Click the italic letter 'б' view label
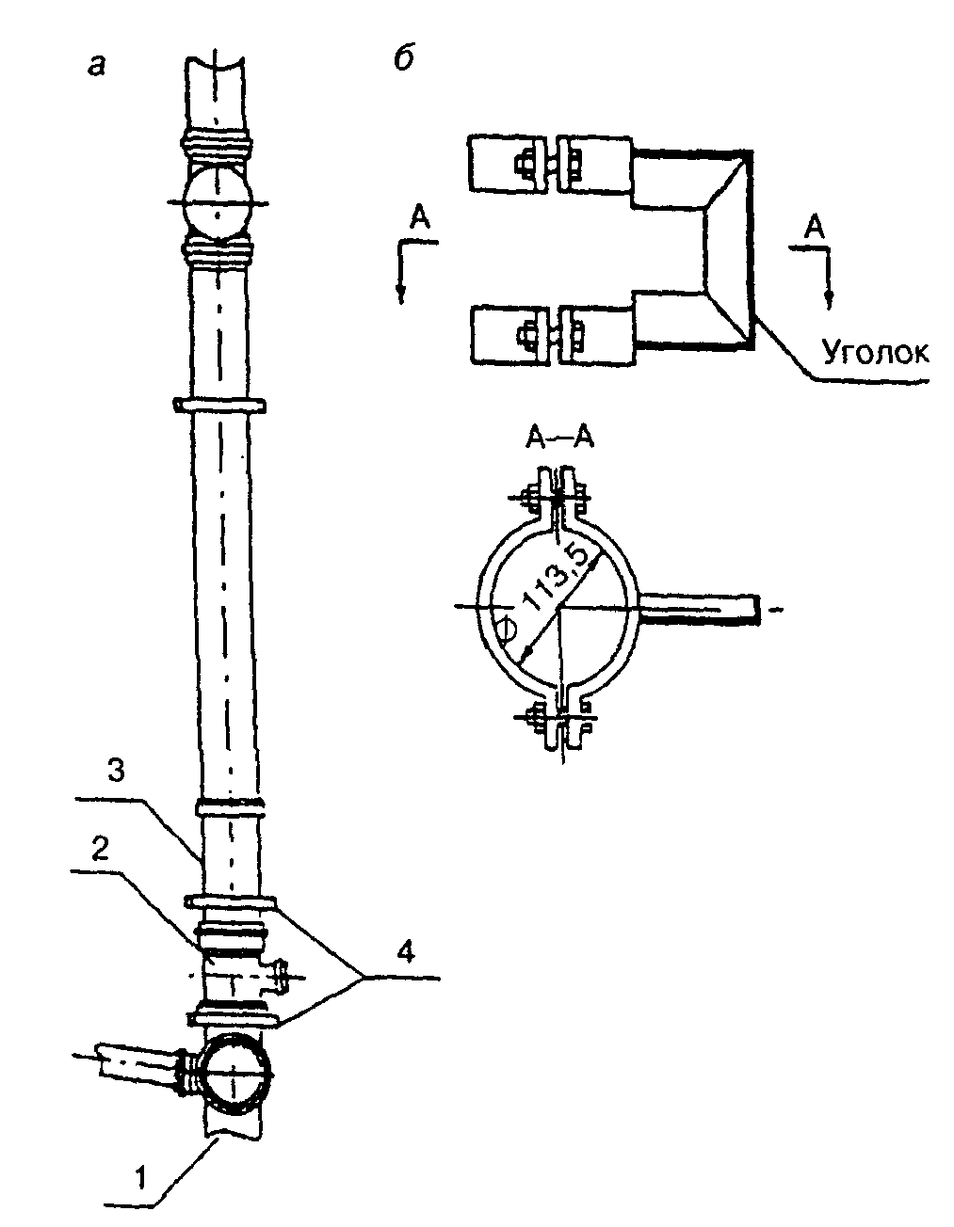403,57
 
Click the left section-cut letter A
419,221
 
